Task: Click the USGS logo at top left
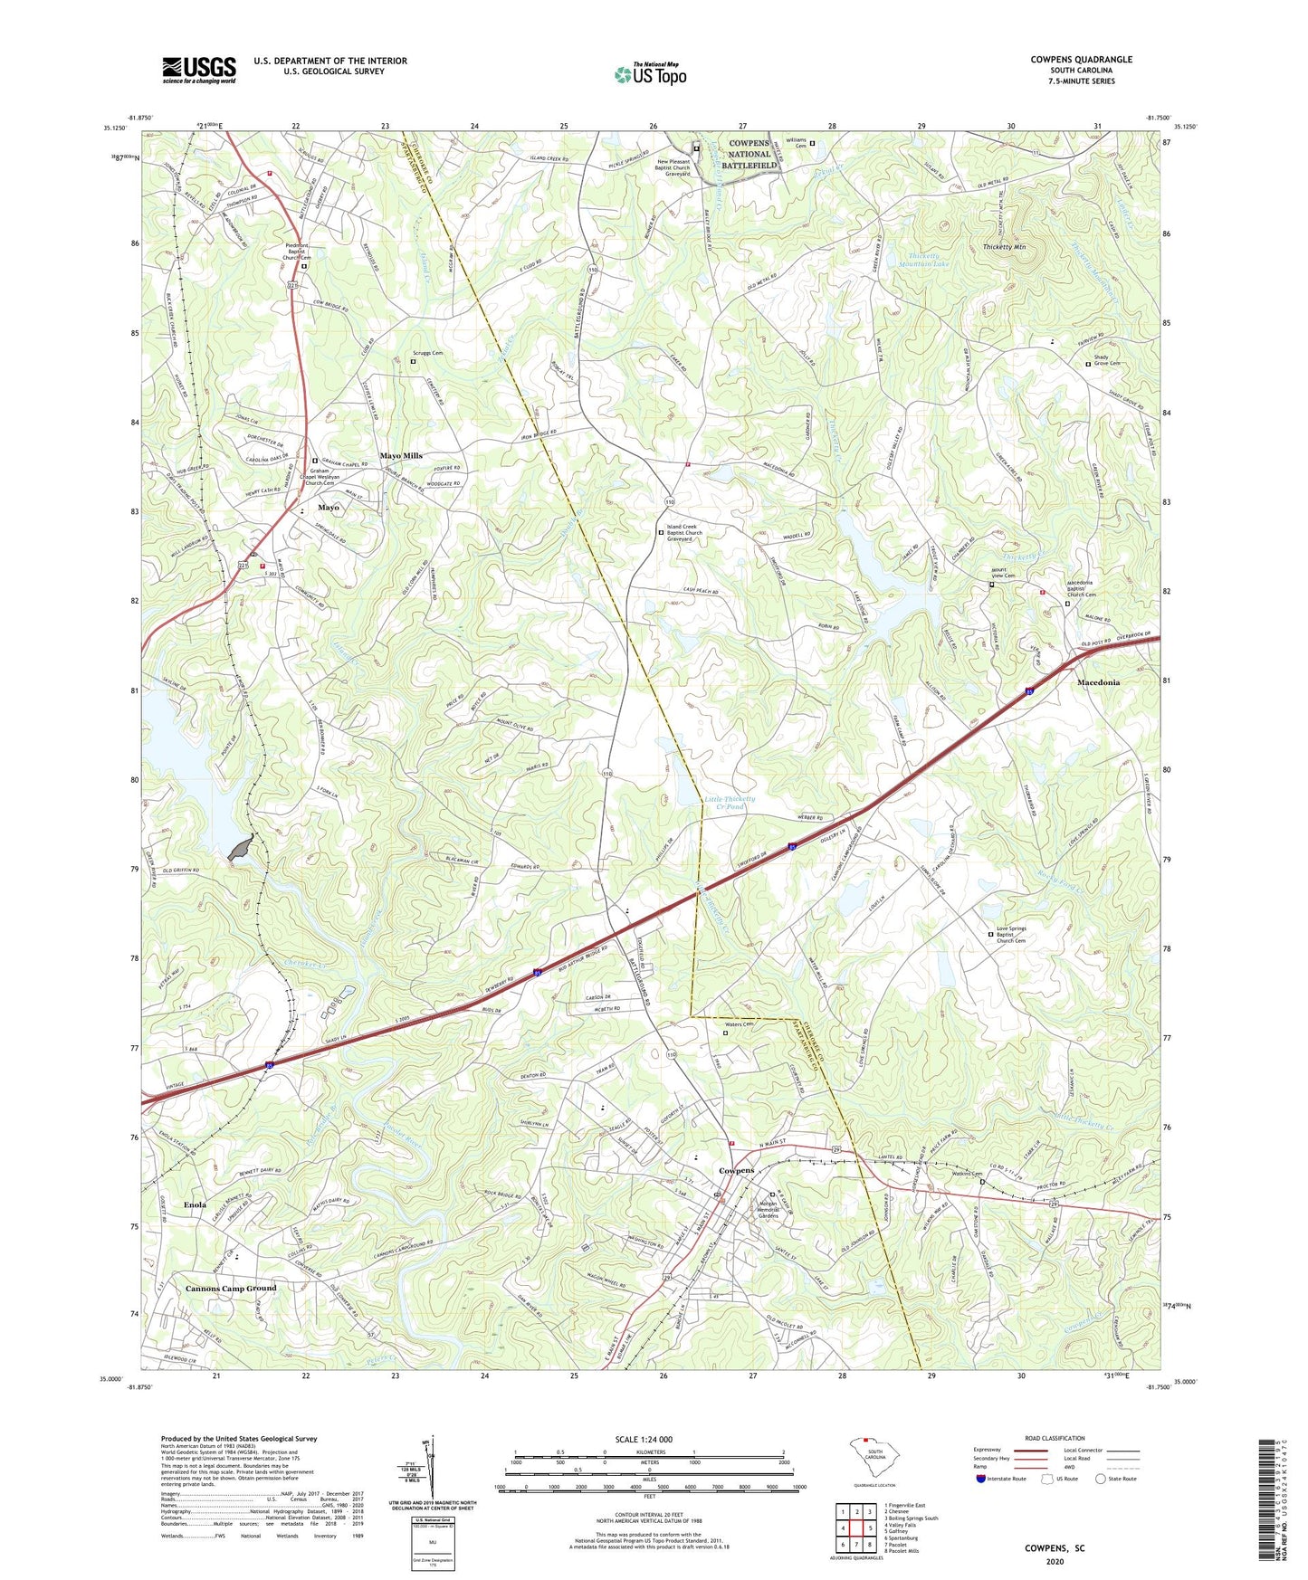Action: click(x=199, y=70)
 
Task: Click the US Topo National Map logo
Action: click(x=649, y=73)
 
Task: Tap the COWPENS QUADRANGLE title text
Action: click(x=1081, y=60)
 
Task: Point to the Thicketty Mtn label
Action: click(x=1004, y=247)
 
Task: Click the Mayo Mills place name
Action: click(x=400, y=456)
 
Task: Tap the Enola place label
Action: click(x=195, y=1204)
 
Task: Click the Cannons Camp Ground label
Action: click(x=231, y=1288)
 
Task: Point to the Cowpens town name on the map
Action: click(x=736, y=1170)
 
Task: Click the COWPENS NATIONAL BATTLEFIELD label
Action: click(x=749, y=154)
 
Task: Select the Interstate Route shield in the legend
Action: click(x=981, y=1479)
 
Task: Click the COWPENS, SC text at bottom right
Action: click(x=1055, y=1548)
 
